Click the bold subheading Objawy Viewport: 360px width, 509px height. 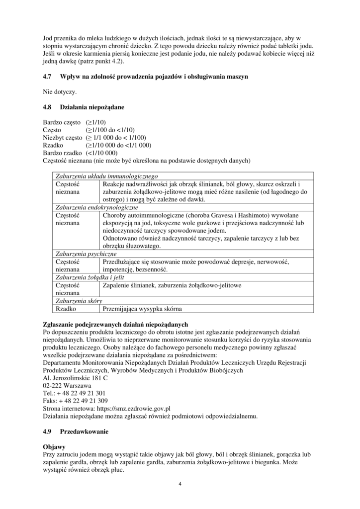pyautogui.click(x=54, y=447)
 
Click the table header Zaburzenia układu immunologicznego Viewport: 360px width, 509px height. pyautogui.click(x=106, y=176)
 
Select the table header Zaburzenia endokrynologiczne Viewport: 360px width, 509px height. pyautogui.click(x=97, y=207)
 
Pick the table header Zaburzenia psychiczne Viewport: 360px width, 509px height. pyautogui.click(x=86, y=254)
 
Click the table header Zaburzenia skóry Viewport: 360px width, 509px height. pyautogui.click(x=80, y=301)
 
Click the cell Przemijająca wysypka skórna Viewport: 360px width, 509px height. pyautogui.click(x=142, y=308)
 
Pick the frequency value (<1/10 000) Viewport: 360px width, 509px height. pyautogui.click(x=101, y=153)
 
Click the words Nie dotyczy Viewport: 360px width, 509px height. pyautogui.click(x=60, y=91)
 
